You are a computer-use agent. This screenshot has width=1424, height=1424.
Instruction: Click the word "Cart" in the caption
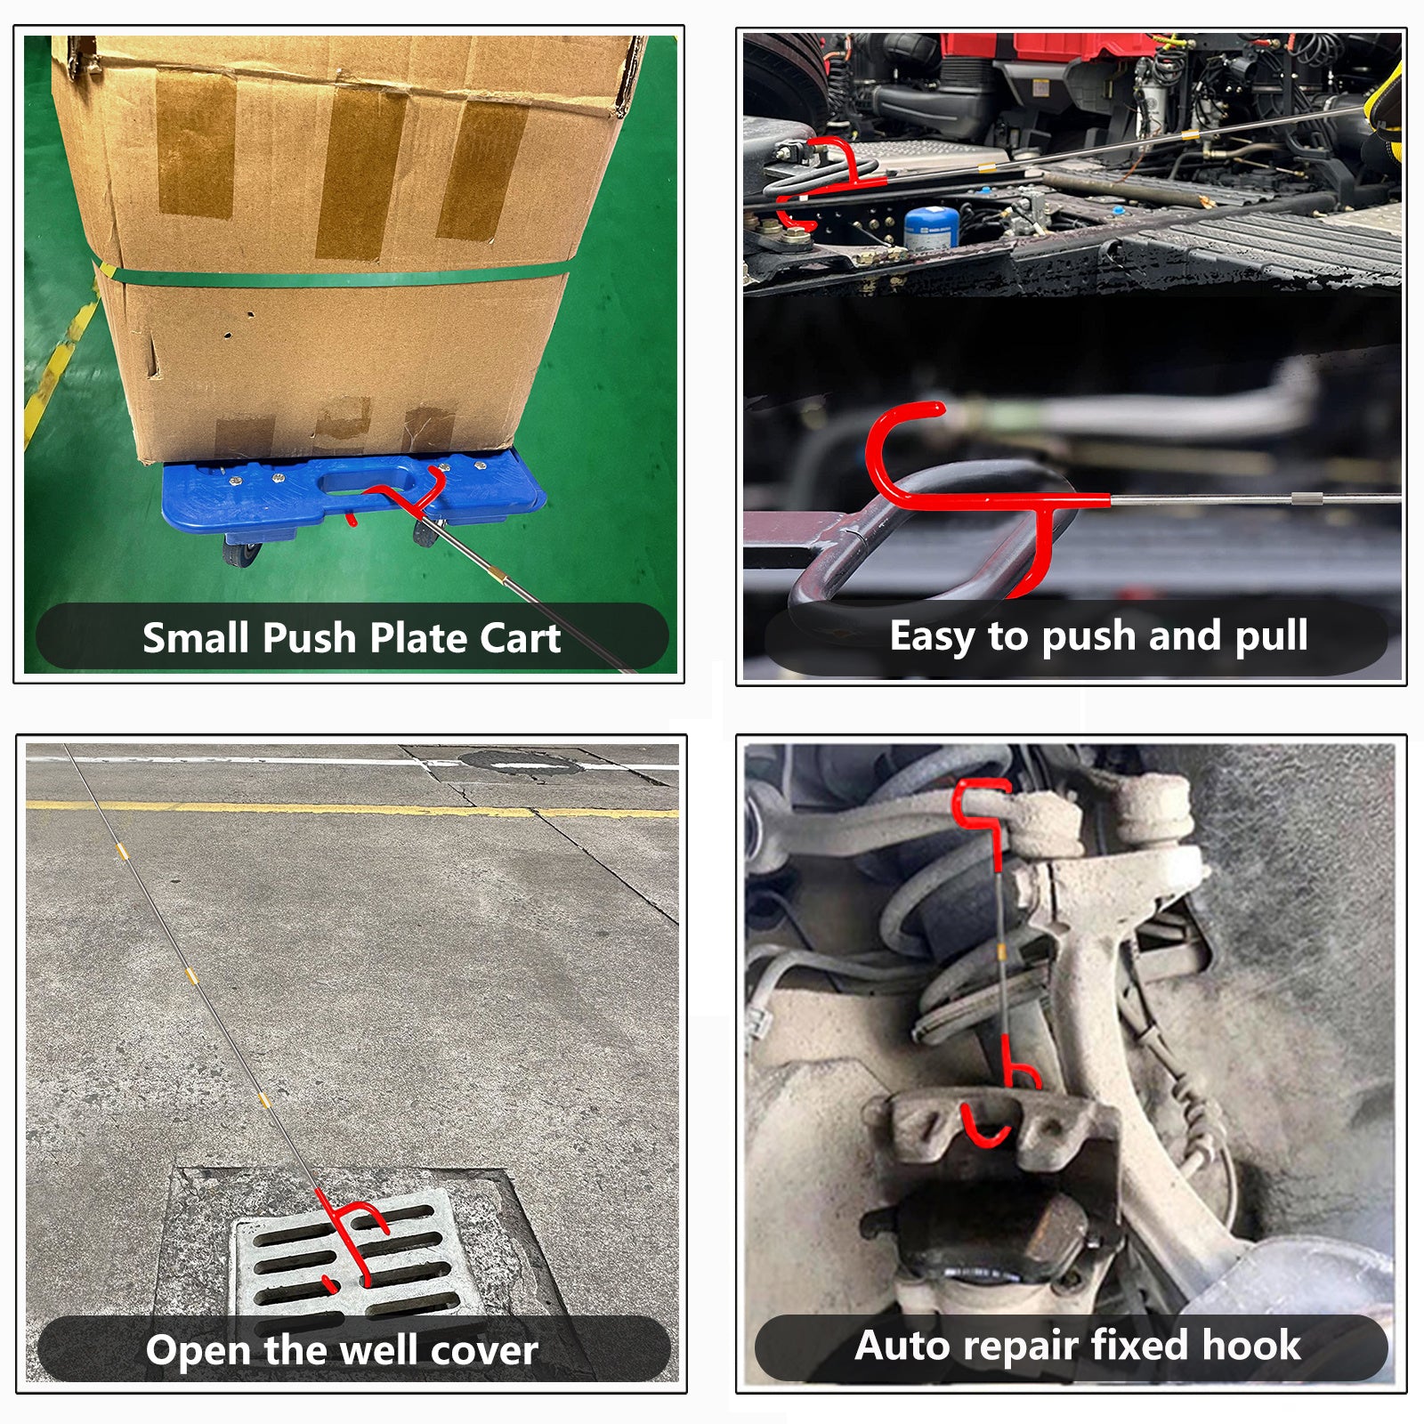click(521, 637)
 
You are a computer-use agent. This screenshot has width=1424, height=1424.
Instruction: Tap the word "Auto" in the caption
click(894, 1345)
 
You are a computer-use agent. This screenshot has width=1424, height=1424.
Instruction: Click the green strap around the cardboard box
click(338, 275)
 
